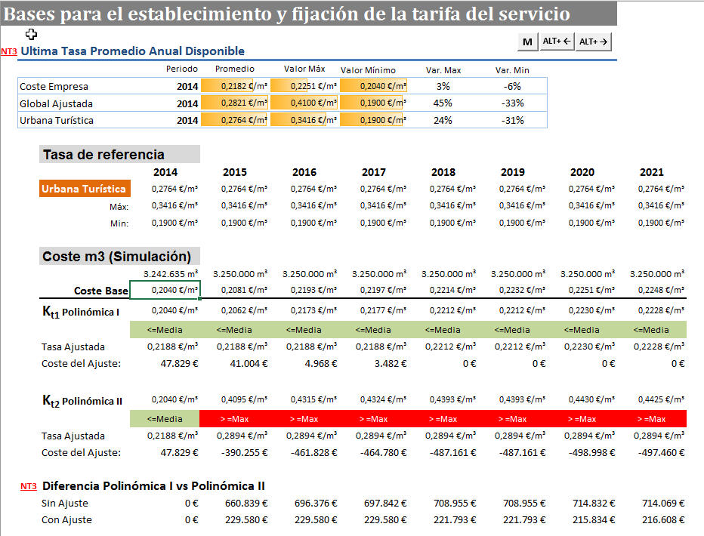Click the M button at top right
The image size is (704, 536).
click(x=527, y=42)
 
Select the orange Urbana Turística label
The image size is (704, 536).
click(x=84, y=189)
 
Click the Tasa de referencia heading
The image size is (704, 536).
click(x=103, y=155)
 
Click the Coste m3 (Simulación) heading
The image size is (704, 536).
click(x=120, y=257)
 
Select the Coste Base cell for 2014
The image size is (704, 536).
click(x=165, y=291)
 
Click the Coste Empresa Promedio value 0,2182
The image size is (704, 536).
click(x=234, y=87)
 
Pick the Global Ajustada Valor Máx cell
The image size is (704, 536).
click(x=304, y=103)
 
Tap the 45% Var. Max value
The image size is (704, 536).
click(x=443, y=103)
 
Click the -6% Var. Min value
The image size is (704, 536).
click(x=512, y=87)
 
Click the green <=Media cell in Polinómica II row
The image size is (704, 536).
click(x=165, y=419)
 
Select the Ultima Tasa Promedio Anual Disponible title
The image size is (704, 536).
click(x=132, y=51)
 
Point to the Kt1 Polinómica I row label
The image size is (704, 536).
click(x=82, y=311)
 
